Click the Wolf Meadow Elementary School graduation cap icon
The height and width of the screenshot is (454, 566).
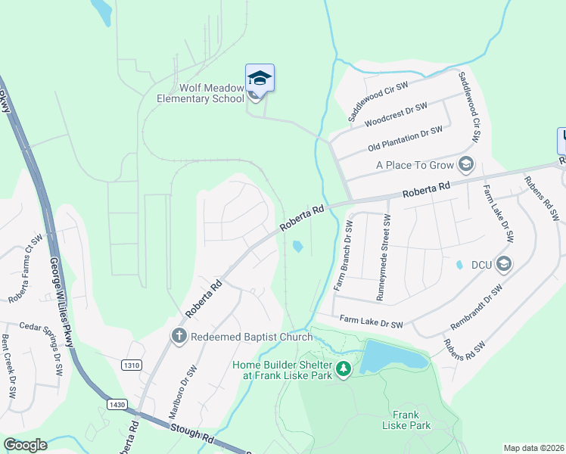click(260, 78)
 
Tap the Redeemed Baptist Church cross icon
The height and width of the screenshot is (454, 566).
click(179, 336)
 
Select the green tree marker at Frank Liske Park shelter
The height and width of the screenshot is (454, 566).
click(344, 368)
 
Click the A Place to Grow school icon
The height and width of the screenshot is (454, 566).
click(466, 164)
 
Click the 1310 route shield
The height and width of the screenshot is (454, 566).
click(131, 365)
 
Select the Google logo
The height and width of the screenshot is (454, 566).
click(26, 445)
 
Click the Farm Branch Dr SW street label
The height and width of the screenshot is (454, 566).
click(342, 257)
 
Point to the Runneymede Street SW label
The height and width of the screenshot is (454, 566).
click(384, 257)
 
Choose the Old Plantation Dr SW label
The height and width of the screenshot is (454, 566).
click(405, 138)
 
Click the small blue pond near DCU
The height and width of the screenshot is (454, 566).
click(459, 266)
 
